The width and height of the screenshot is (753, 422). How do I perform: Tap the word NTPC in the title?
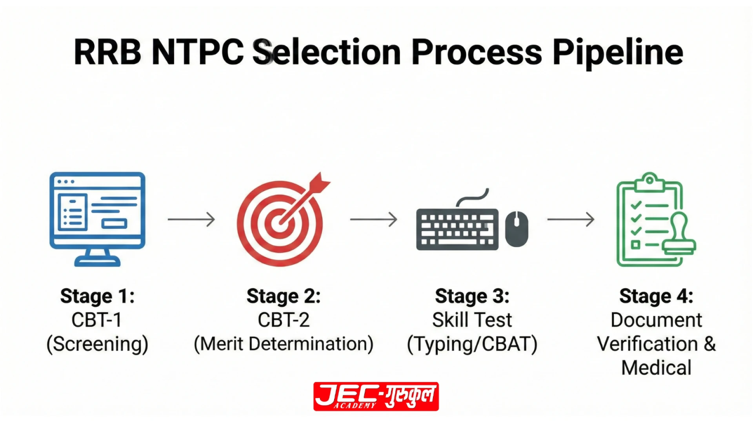(197, 52)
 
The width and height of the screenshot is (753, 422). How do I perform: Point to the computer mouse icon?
(517, 229)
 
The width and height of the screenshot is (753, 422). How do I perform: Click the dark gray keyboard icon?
(457, 229)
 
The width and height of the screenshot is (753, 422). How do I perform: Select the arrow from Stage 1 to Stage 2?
(191, 219)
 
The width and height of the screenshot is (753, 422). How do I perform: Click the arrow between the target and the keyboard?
(374, 219)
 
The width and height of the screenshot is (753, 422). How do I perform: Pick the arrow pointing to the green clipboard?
(571, 219)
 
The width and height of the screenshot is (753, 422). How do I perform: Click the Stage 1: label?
(97, 296)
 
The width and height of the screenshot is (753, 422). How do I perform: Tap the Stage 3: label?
(472, 296)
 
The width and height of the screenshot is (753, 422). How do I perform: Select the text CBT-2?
(284, 320)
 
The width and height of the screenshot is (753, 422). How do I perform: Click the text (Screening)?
(97, 344)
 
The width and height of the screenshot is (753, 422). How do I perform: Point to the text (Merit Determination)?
(284, 344)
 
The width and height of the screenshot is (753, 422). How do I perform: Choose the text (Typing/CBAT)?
(472, 344)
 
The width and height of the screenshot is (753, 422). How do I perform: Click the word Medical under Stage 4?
(656, 368)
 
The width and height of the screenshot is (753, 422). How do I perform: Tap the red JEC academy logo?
(376, 396)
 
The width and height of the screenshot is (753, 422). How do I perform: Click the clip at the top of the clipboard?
(649, 181)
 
